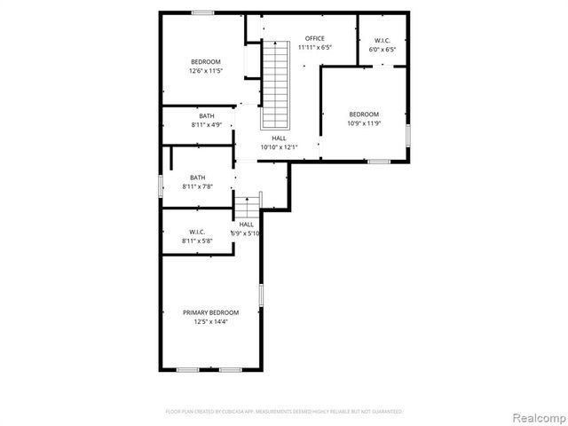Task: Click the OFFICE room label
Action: pos(314,38)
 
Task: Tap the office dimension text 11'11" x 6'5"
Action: pos(314,47)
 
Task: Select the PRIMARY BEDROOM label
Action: pos(210,312)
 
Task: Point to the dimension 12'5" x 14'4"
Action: pos(210,322)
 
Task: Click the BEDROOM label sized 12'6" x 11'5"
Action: pos(205,61)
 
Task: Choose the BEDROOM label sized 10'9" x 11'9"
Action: pos(363,114)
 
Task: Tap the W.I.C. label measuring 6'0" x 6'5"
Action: pos(383,40)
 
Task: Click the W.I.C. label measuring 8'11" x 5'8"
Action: pos(197,232)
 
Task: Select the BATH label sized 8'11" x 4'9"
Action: pos(206,116)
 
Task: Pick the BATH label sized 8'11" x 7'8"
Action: pos(197,177)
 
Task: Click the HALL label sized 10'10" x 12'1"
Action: pos(279,138)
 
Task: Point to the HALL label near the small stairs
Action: pos(246,225)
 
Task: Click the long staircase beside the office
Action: pos(276,84)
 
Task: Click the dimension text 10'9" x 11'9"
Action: pos(363,123)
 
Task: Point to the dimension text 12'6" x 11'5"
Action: pos(205,71)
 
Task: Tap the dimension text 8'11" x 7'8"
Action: pos(197,186)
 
